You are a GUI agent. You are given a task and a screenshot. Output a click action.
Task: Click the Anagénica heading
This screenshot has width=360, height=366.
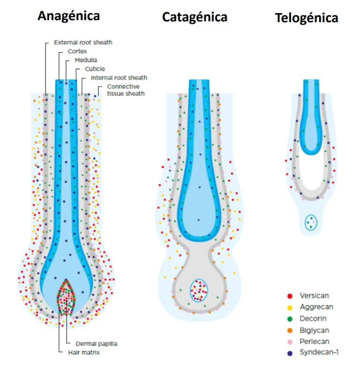pos(68,15)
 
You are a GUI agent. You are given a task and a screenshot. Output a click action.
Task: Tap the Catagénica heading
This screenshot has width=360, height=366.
pos(195,17)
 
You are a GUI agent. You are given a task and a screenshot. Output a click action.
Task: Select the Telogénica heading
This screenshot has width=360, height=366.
pos(307,18)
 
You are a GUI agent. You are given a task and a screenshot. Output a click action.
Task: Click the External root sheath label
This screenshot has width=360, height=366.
pos(83,43)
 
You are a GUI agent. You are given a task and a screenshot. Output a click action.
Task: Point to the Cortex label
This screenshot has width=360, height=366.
pos(77,52)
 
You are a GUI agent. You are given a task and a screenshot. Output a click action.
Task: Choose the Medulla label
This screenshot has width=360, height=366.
pos(86,61)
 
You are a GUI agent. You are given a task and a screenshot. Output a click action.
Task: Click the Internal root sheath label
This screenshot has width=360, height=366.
pos(119,78)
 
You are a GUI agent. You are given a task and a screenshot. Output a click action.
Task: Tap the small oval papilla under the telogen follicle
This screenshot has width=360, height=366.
pos(310,222)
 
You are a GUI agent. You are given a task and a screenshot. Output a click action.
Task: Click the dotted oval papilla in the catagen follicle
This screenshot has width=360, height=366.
pos(199,290)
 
